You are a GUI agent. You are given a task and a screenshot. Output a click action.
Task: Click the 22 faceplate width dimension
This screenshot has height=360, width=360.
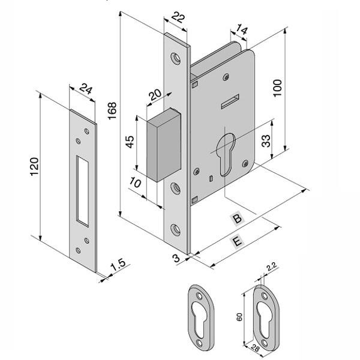pyautogui.click(x=178, y=19)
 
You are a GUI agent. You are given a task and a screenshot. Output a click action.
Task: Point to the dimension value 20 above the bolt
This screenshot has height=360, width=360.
pyautogui.click(x=155, y=95)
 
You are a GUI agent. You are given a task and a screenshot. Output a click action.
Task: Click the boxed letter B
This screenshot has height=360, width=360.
pyautogui.click(x=238, y=220)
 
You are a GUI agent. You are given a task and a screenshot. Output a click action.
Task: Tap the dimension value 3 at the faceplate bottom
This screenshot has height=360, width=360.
pyautogui.click(x=176, y=258)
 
